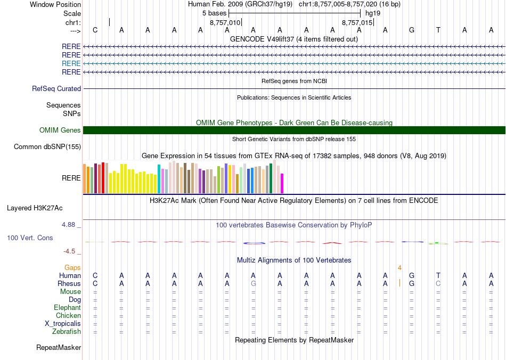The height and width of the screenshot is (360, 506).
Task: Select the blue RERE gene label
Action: [71, 63]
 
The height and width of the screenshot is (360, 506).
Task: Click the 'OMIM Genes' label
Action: [60, 130]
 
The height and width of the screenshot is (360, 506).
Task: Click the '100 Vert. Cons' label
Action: [30, 238]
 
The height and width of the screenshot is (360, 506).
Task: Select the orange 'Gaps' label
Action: [72, 267]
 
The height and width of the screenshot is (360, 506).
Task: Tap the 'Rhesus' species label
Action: [69, 284]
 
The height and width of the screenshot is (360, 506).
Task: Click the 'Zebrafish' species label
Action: [67, 332]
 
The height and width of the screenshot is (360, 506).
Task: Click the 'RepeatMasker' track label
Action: [59, 348]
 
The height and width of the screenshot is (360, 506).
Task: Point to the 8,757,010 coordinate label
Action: [225, 23]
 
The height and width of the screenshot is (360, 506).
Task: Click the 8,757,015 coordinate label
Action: [357, 23]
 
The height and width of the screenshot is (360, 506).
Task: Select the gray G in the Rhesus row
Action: [254, 284]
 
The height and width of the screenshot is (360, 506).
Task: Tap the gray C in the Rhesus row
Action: [438, 284]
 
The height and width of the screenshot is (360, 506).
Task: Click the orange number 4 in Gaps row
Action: [399, 267]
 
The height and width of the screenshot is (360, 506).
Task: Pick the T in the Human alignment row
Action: [438, 275]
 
